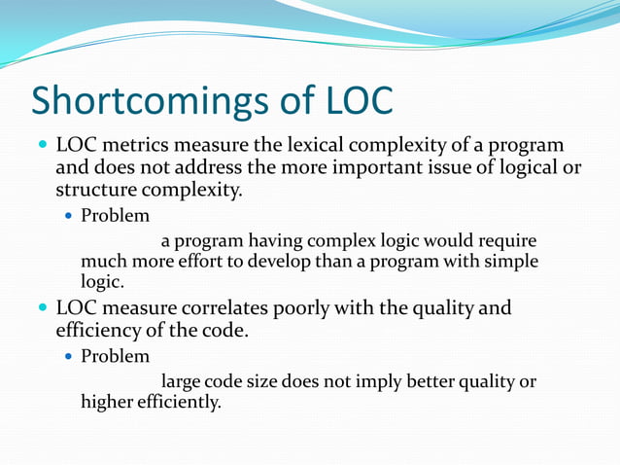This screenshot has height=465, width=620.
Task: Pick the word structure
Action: coord(95,189)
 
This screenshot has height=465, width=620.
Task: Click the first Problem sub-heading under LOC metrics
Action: coord(115,215)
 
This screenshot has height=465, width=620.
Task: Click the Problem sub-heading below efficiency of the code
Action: coord(115,356)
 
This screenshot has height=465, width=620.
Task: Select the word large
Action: coord(182,380)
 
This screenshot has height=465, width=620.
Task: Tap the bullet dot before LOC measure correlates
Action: coord(40,309)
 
